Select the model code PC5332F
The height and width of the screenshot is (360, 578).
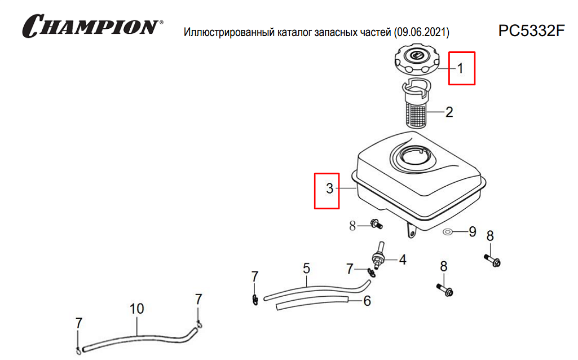point(531,30)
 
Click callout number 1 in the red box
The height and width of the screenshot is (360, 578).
point(460,68)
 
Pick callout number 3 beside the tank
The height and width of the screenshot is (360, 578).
point(329,189)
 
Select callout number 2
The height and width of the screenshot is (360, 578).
point(449,112)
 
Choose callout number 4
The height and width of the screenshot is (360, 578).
point(403,260)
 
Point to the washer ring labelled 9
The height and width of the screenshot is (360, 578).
point(448,231)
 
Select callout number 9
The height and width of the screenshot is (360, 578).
point(473,231)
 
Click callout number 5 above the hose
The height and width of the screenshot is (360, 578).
point(306,268)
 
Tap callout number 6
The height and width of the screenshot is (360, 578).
point(367,301)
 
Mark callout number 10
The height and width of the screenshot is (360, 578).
point(137,309)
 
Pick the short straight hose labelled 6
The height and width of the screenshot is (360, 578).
point(316,304)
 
